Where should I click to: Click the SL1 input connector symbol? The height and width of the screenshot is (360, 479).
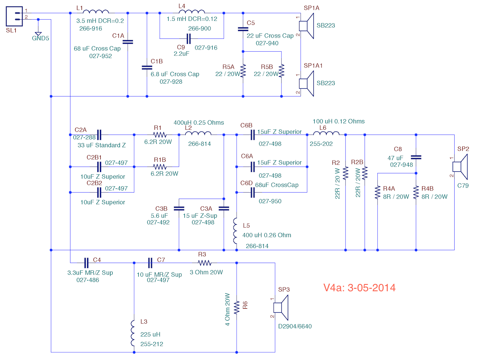(x=15, y=17)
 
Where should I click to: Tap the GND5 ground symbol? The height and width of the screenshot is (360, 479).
(x=38, y=34)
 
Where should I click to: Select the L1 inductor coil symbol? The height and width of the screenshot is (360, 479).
(x=96, y=12)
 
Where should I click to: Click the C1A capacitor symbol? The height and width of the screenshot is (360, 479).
(x=128, y=42)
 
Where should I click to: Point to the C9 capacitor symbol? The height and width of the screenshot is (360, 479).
(x=189, y=39)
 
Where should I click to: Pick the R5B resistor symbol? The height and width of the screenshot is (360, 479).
(x=281, y=70)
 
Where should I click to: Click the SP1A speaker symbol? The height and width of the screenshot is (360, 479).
(x=306, y=26)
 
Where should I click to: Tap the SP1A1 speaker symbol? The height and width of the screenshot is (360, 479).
(x=306, y=83)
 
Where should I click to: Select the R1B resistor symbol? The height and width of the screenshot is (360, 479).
(x=160, y=167)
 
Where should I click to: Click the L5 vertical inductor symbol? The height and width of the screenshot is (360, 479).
(x=235, y=231)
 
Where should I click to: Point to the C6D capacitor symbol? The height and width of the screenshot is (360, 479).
(x=252, y=193)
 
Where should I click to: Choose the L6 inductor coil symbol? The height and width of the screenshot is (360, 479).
(x=326, y=133)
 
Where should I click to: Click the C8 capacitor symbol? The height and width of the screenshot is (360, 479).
(x=416, y=158)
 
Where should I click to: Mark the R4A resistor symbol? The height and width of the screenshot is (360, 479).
(x=377, y=193)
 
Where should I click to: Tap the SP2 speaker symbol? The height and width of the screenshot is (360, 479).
(x=460, y=167)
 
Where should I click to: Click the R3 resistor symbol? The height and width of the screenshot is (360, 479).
(x=204, y=263)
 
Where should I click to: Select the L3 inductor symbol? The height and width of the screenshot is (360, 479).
(x=133, y=333)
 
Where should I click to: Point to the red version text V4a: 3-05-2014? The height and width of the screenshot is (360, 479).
(x=359, y=287)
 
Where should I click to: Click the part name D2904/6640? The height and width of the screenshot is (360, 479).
(x=295, y=326)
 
